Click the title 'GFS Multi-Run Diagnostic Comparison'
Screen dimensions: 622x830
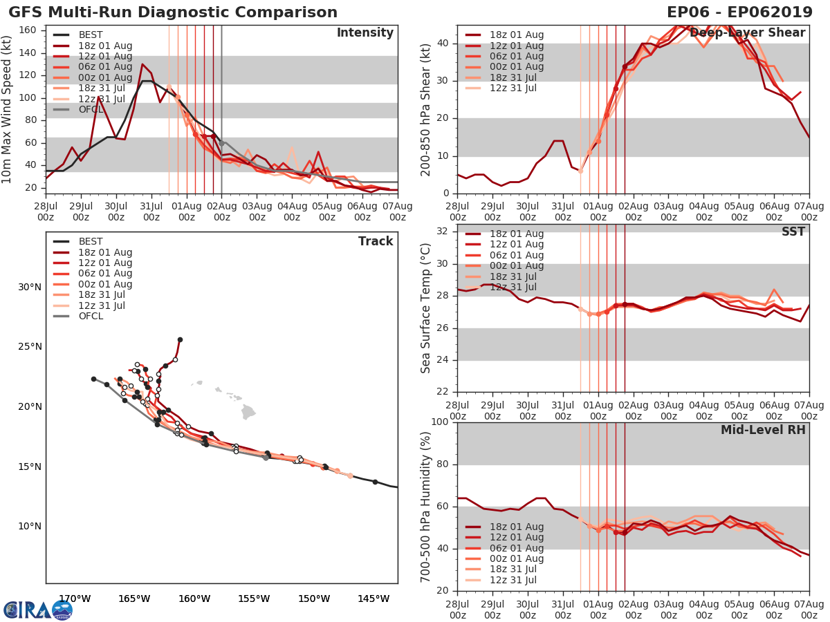[x=173, y=12]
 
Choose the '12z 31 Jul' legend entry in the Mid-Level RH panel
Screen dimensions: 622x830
[x=515, y=581]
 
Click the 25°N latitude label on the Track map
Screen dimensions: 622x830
[x=29, y=347]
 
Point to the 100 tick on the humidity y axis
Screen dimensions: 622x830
[x=439, y=422]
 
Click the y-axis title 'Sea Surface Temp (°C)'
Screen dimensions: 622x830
[x=426, y=308]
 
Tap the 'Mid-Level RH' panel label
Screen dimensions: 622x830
[x=763, y=430]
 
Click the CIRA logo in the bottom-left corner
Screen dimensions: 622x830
[x=37, y=610]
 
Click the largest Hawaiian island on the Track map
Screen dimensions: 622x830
[x=248, y=413]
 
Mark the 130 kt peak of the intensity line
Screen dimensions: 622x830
[x=142, y=64]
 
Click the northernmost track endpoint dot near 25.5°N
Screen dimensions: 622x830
[x=180, y=339]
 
